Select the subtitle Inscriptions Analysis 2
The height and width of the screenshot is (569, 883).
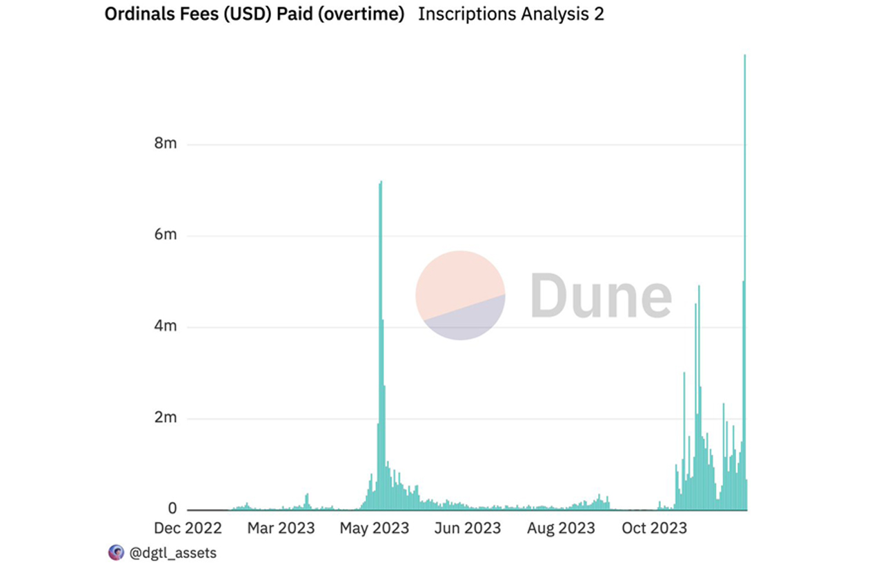tap(510, 14)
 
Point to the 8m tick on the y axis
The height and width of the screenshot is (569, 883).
tap(166, 144)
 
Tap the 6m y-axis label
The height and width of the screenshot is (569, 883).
tap(166, 235)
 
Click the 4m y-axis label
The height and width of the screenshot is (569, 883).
tap(166, 326)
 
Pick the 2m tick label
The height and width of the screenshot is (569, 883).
tap(166, 418)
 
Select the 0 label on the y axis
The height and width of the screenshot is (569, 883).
tap(172, 509)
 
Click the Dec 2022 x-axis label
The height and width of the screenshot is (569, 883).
tap(188, 528)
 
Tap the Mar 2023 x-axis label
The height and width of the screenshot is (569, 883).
tap(281, 528)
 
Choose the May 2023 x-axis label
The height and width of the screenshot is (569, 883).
tap(375, 528)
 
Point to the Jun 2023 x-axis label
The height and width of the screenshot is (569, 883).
tap(468, 528)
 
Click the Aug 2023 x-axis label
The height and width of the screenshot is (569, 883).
tap(561, 528)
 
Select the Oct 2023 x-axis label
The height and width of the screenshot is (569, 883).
tap(654, 528)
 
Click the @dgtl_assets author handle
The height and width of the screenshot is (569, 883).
tap(172, 552)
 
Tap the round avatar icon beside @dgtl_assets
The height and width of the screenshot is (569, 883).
tap(116, 552)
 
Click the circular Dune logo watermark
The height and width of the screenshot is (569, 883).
tap(460, 295)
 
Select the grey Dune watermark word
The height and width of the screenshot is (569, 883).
tap(601, 295)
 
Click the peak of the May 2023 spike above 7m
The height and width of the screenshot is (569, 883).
tap(381, 183)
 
